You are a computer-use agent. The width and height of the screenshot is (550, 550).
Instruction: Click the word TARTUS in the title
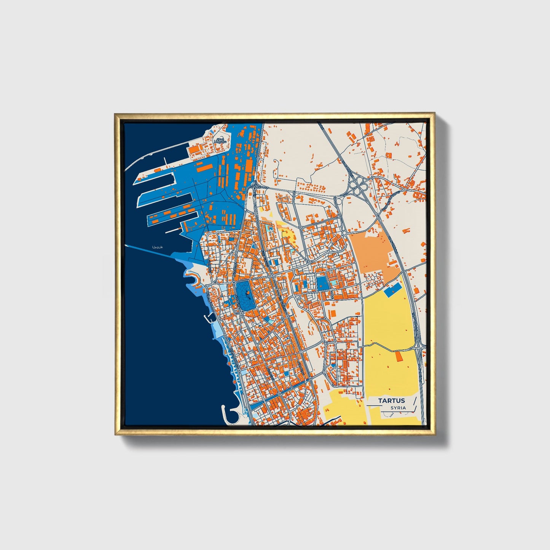[391, 400]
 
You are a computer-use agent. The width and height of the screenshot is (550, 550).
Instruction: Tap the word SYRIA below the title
[398, 408]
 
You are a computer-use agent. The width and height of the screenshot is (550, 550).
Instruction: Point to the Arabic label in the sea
[157, 247]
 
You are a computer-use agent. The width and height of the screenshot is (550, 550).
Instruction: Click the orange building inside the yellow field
[399, 357]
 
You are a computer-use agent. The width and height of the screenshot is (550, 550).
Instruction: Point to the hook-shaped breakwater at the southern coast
[228, 415]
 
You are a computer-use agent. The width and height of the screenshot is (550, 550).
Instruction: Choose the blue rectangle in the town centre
[322, 283]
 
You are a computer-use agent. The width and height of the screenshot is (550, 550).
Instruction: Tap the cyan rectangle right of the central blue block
[333, 284]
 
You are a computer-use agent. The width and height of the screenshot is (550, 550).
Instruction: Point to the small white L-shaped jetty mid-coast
[209, 318]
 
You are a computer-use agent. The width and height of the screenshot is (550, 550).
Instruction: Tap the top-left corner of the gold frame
[116, 115]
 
